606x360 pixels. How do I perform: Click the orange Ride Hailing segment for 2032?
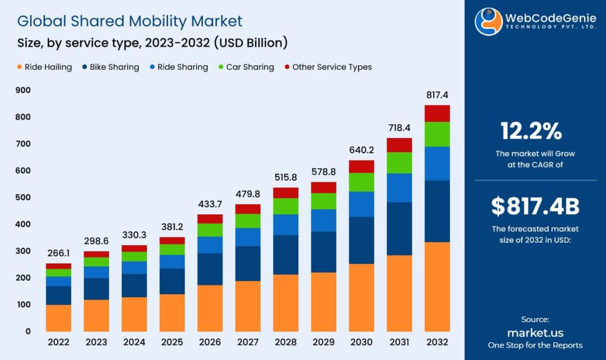[x=437, y=286]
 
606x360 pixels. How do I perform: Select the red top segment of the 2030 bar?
[x=361, y=166]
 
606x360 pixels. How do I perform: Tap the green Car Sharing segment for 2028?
[x=285, y=206]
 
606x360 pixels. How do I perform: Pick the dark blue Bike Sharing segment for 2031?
[x=399, y=229]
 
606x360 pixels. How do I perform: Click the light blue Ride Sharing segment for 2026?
[x=209, y=245]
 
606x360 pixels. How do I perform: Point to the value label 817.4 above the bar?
[x=437, y=95]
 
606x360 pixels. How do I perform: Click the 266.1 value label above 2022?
[x=59, y=253]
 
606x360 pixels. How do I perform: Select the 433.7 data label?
[x=209, y=203]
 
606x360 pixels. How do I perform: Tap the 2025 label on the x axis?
[x=172, y=342]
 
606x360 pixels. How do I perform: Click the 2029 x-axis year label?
[x=323, y=342]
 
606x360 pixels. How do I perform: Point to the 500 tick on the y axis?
[x=24, y=197]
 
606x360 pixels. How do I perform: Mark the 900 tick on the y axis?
[x=24, y=90]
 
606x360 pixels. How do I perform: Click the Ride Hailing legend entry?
[x=44, y=67]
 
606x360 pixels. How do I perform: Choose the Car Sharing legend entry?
[x=246, y=67]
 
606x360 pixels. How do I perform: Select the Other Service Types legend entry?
[x=328, y=67]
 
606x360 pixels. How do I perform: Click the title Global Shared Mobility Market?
[x=130, y=21]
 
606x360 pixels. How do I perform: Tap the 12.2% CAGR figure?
[x=531, y=130]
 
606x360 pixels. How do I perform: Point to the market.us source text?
[x=535, y=333]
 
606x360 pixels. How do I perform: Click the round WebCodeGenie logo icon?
[x=488, y=22]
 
